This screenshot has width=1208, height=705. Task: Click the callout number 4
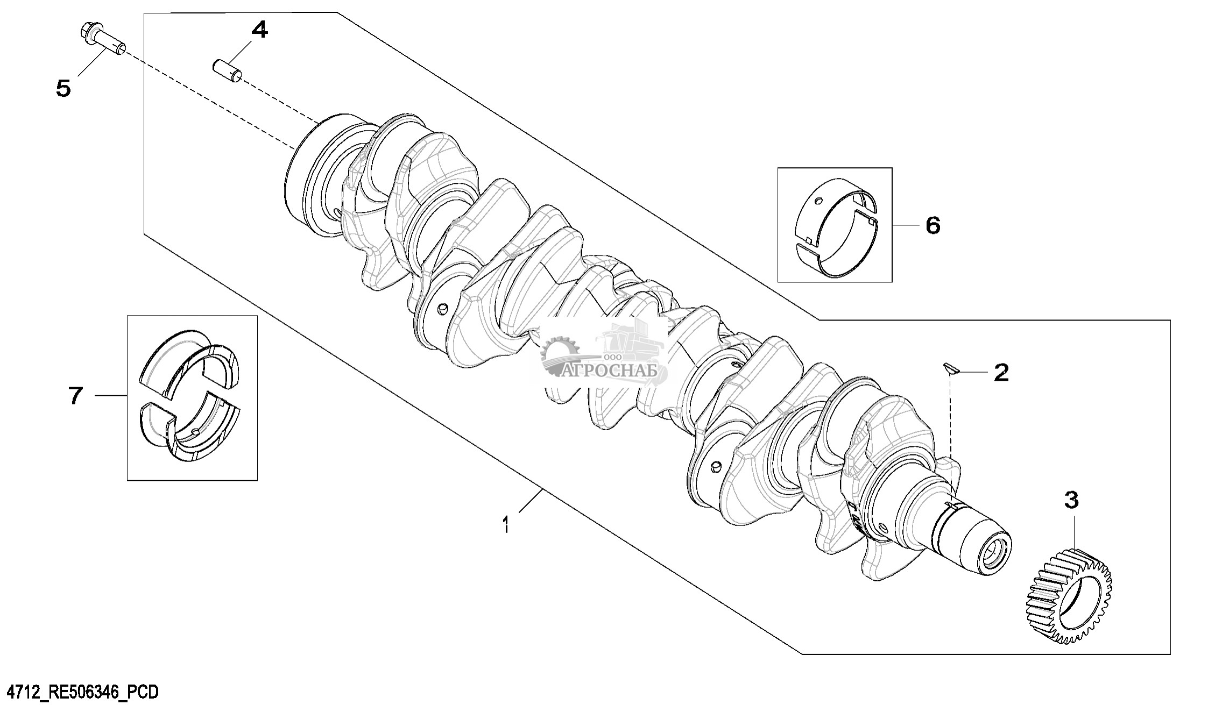tap(259, 30)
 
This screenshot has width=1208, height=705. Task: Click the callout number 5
tap(63, 88)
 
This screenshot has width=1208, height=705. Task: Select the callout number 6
tap(933, 225)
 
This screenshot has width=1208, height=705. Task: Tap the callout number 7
tap(76, 396)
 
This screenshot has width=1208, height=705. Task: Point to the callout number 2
tap(1001, 372)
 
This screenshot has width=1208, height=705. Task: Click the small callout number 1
tap(505, 525)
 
